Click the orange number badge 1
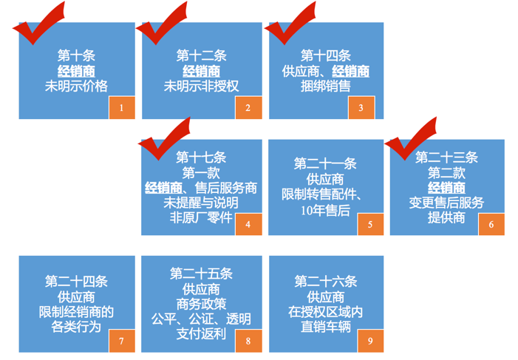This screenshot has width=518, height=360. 122,108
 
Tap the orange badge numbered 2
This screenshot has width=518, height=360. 248,108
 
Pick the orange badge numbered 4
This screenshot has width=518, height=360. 248,224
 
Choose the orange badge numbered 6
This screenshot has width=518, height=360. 491,224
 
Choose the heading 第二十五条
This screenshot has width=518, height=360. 201,273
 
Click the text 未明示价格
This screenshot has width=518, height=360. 76,86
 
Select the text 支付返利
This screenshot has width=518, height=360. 201,333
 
